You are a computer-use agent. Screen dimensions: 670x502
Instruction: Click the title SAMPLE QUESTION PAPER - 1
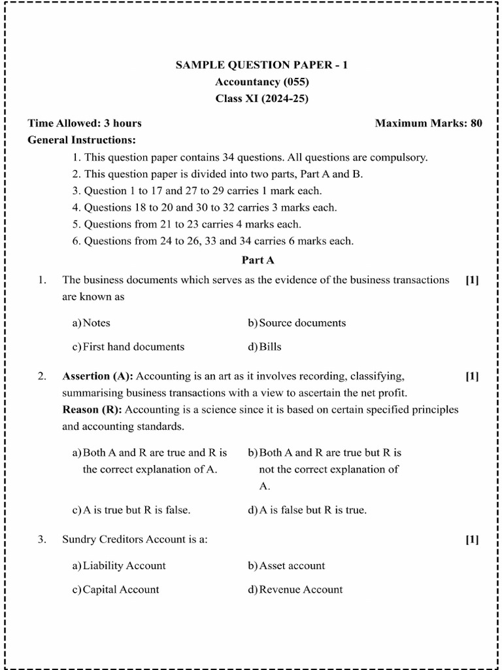point(261,65)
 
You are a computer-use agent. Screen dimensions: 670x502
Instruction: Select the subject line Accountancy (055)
point(261,82)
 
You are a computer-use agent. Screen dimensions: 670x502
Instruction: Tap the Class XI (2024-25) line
point(261,99)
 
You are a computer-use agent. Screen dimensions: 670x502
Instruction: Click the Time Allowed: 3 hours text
point(84,123)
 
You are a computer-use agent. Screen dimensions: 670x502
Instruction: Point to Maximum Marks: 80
point(428,123)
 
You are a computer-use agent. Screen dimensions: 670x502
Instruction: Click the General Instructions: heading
point(82,140)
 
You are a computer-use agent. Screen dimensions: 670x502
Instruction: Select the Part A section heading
point(258,260)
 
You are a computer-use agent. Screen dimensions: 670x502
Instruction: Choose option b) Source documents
point(297,323)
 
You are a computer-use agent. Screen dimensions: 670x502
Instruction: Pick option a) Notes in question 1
point(92,323)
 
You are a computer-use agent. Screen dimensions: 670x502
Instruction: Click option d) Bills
point(265,347)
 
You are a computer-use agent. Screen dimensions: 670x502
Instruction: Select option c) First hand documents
point(128,347)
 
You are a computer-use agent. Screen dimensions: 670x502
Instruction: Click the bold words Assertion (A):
point(97,376)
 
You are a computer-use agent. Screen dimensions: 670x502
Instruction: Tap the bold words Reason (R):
point(92,410)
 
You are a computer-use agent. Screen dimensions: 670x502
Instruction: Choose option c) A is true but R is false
point(131,510)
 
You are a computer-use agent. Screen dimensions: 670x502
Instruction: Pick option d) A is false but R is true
point(307,510)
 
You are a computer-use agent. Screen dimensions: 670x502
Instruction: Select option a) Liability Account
point(119,566)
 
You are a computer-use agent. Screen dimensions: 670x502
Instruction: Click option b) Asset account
point(286,566)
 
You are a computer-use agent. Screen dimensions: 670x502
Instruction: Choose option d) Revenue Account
point(295,590)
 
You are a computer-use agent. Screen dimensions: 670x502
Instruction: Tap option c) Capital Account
point(116,590)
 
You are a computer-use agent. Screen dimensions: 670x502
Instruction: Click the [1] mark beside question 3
point(472,540)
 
